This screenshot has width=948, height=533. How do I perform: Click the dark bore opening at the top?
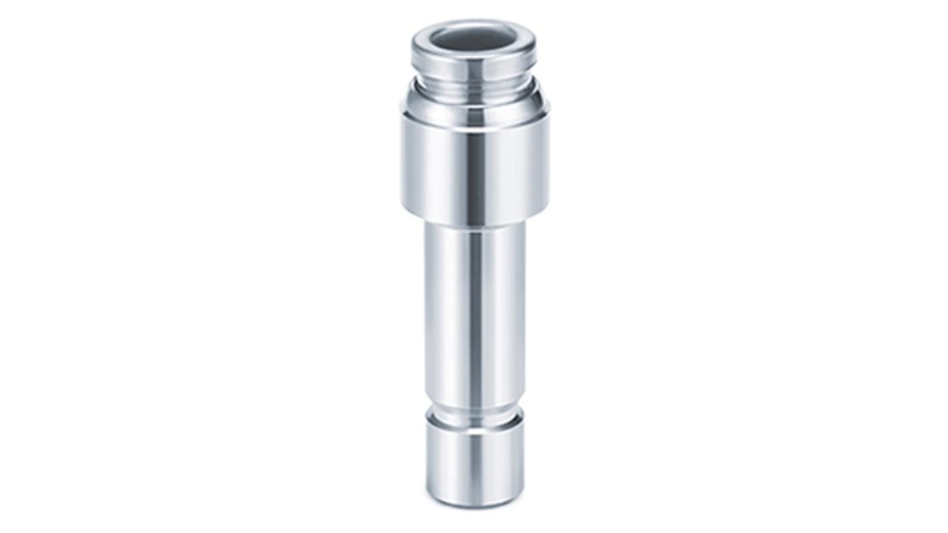click(474, 37)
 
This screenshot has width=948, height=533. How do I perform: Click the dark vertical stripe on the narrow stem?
click(475, 307)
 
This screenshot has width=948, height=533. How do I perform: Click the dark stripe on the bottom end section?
click(475, 458)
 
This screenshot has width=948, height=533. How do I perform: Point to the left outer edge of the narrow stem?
click(425, 307)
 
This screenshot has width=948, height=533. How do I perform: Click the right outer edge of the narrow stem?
click(524, 307)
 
